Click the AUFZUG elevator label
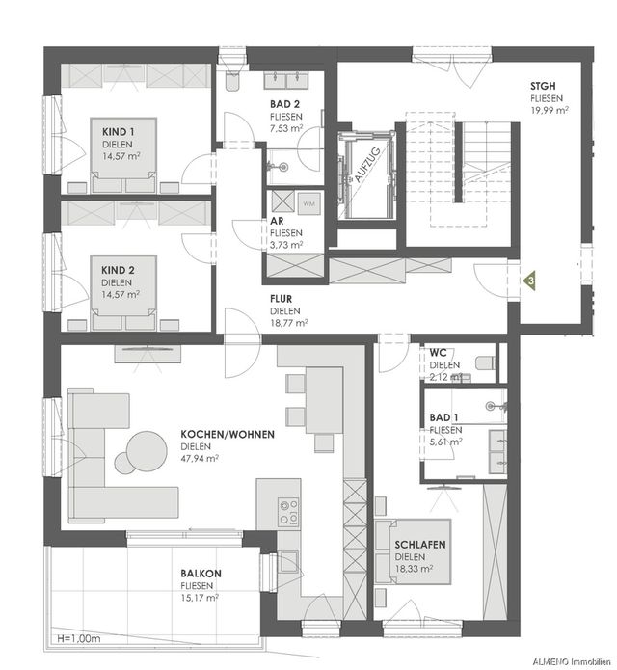[365, 166]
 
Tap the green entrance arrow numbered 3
[529, 281]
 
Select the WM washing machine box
[308, 203]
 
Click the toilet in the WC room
[485, 363]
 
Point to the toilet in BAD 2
[232, 81]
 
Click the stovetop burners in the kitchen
[288, 512]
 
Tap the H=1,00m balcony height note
[79, 639]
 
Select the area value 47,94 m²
[200, 459]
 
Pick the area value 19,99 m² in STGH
[550, 110]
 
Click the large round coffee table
[147, 450]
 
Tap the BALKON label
[201, 574]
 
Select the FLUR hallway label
[282, 299]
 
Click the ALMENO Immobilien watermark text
[572, 662]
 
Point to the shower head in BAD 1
[495, 405]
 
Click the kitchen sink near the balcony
[289, 561]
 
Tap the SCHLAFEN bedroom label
[420, 545]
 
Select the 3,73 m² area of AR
[286, 245]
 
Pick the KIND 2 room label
[118, 270]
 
